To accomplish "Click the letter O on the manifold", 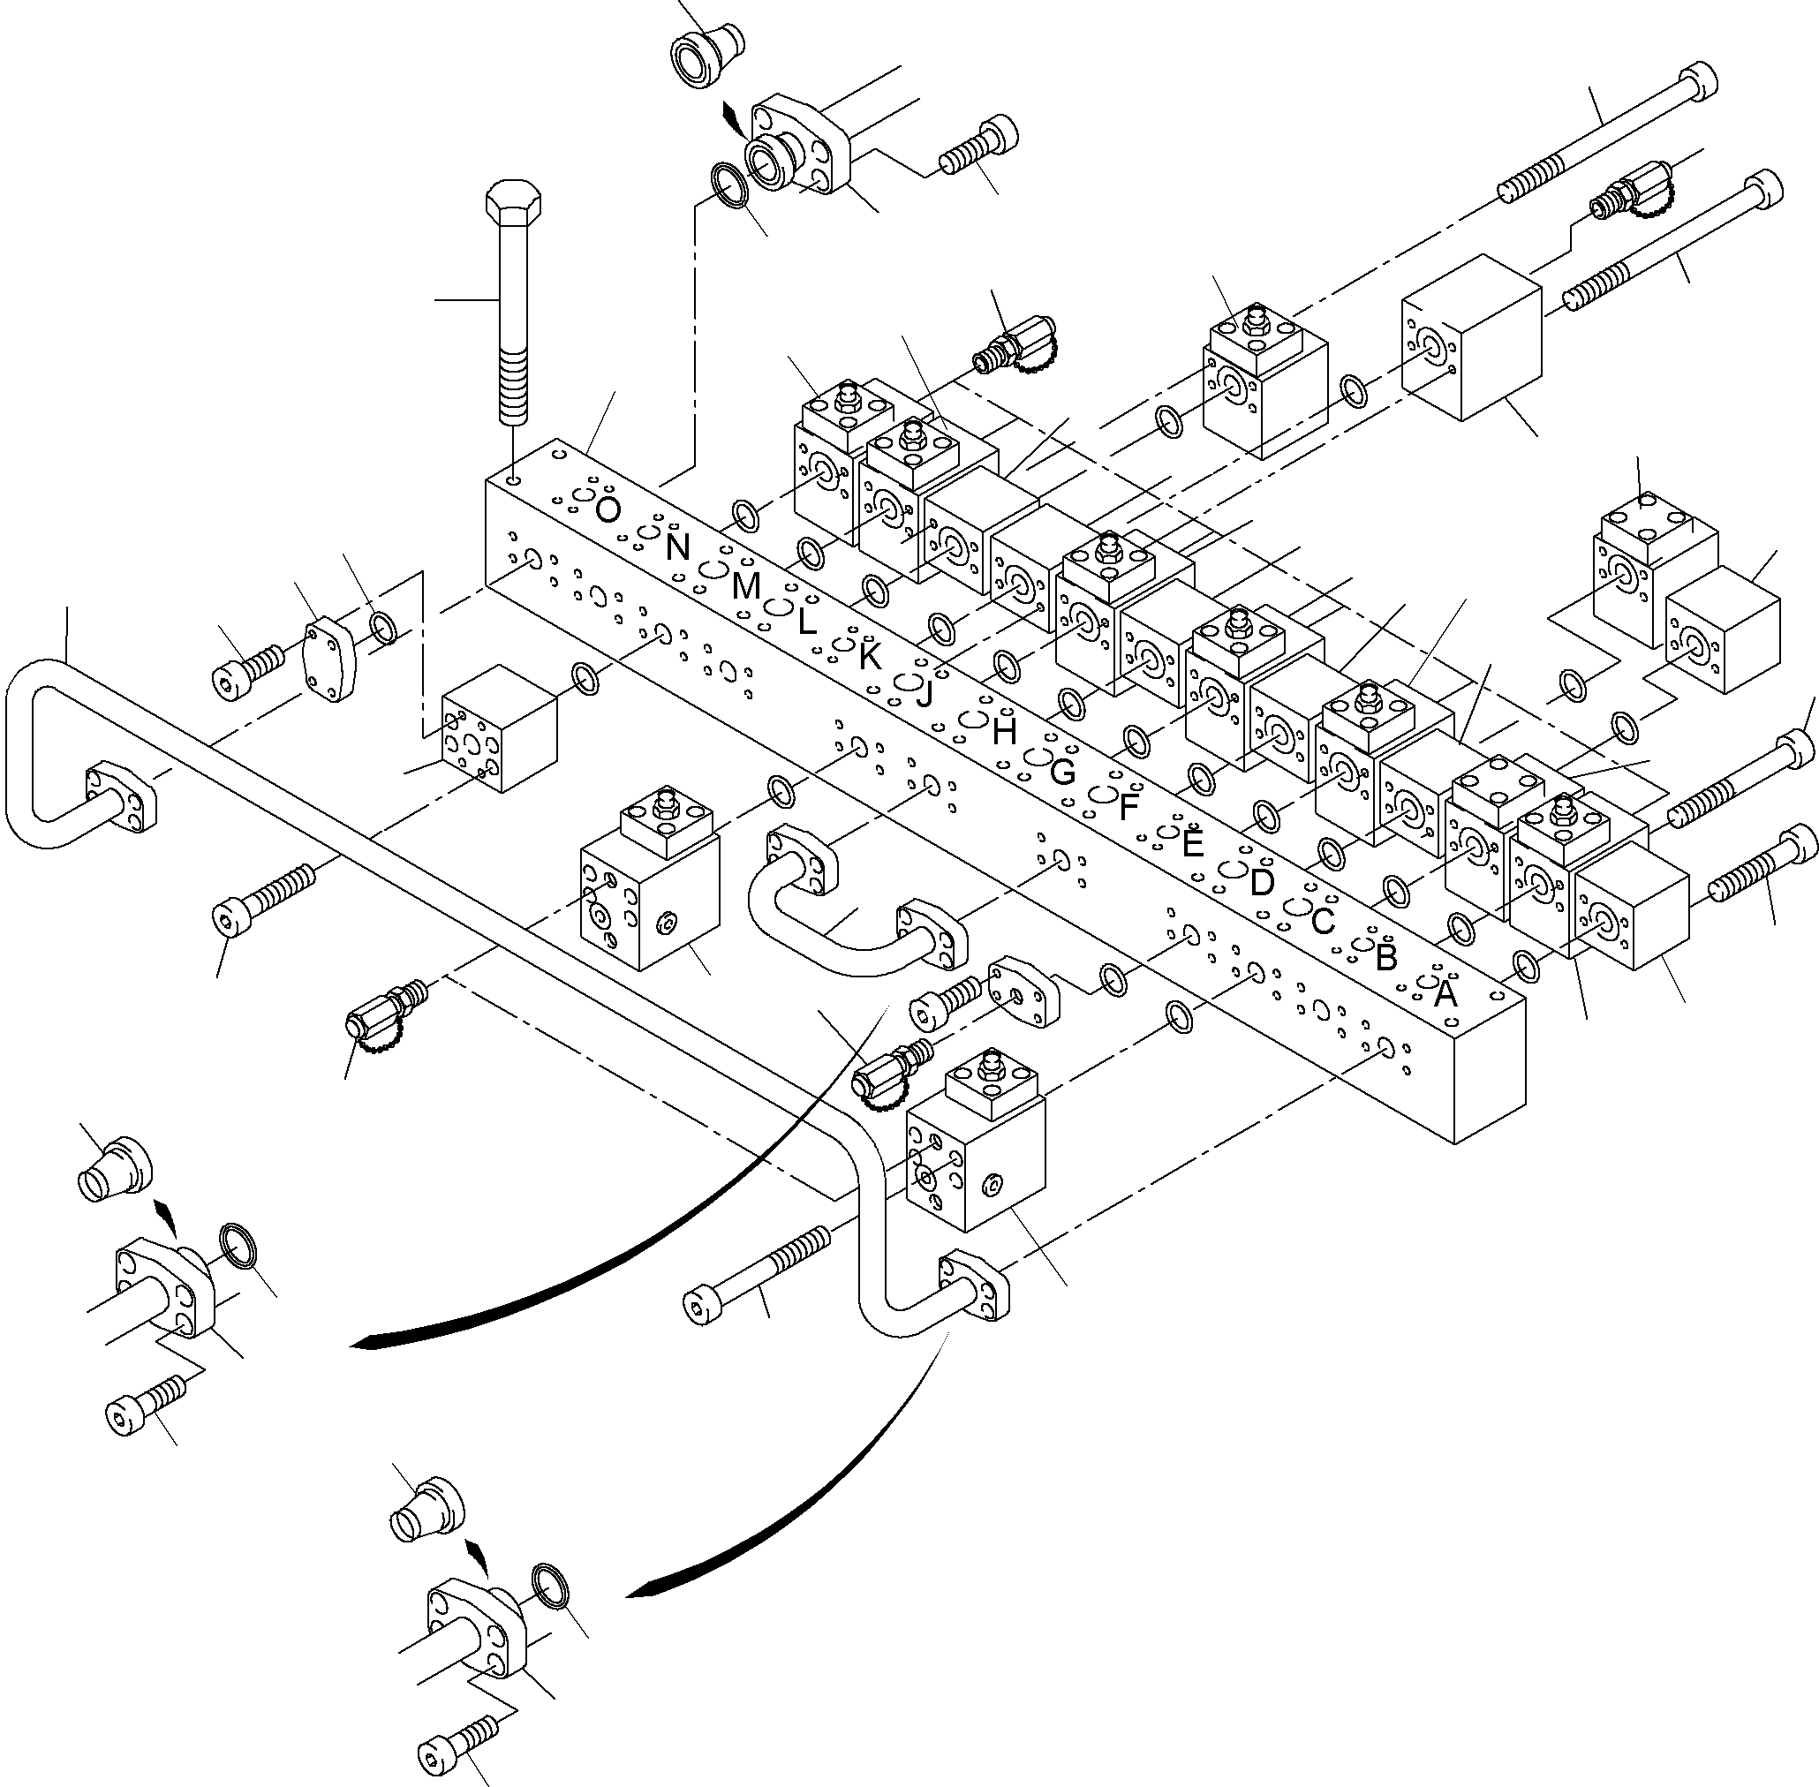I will [x=608, y=510].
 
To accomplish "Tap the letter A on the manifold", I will [x=1446, y=994].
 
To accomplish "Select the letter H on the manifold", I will [x=1004, y=732].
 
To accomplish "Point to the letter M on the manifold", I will [x=745, y=586].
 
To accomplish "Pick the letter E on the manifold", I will [x=1192, y=845].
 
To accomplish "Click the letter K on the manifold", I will [x=869, y=657].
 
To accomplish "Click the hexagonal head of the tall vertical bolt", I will [x=513, y=200].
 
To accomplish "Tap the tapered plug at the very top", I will [x=707, y=60].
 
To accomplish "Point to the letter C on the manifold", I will [x=1323, y=922].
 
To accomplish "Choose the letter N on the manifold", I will [x=677, y=547].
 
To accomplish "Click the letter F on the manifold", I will [x=1129, y=807].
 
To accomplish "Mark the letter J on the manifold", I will [x=926, y=694].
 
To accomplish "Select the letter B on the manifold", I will [x=1386, y=957].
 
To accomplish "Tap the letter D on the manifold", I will [x=1262, y=882].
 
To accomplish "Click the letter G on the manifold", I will [x=1061, y=772].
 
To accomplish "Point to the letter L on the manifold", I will [x=806, y=622].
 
